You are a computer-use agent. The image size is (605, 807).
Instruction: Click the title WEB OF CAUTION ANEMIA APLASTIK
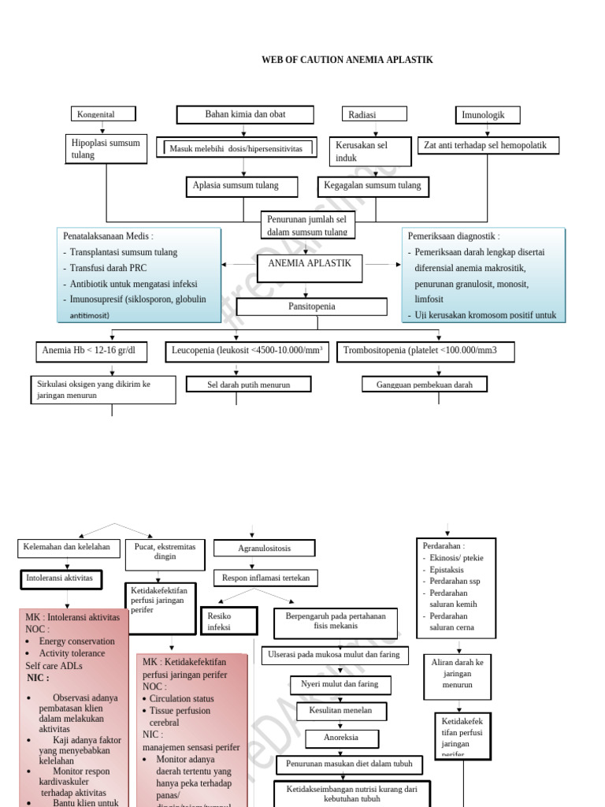click(x=347, y=60)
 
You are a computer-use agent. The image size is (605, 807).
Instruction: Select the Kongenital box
click(x=103, y=114)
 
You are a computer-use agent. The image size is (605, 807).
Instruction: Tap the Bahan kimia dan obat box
click(x=245, y=114)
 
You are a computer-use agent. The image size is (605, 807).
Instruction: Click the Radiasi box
click(x=374, y=114)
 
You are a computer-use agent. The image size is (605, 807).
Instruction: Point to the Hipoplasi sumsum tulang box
click(x=106, y=149)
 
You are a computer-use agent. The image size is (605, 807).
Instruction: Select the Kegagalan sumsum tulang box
click(x=373, y=186)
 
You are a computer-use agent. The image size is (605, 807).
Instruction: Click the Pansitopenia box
click(x=311, y=306)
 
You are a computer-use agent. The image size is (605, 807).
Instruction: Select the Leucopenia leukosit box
click(x=247, y=351)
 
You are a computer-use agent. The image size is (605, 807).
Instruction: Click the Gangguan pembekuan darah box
click(x=425, y=385)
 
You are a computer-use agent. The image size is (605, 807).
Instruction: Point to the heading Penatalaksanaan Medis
click(x=108, y=236)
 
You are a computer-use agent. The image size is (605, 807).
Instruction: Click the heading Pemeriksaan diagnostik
click(x=454, y=236)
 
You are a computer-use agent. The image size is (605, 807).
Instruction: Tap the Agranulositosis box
click(x=264, y=548)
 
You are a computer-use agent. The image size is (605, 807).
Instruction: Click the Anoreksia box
click(x=341, y=738)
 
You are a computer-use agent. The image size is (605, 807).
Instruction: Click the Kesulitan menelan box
click(x=341, y=711)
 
